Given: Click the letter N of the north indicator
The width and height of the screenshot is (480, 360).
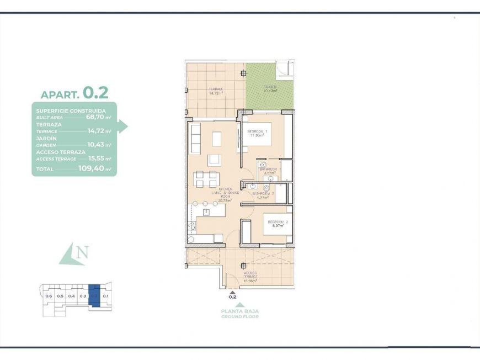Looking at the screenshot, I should tap(82, 253).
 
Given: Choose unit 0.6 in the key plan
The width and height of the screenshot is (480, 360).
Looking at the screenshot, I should tap(49, 297).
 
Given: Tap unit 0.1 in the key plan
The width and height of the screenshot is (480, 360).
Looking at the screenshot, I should tap(106, 297).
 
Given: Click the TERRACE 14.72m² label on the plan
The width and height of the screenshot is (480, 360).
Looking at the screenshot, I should tap(215, 91).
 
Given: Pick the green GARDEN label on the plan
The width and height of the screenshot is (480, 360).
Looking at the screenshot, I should tap(270, 89).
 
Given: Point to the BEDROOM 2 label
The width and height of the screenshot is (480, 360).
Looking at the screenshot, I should tap(277, 224).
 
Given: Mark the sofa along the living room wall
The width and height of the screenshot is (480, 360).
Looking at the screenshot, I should tap(195, 139).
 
